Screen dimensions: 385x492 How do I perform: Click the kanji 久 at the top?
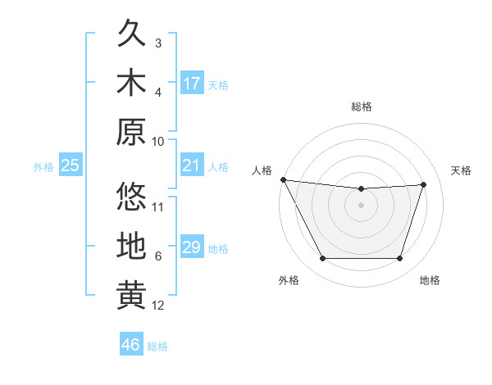click(x=131, y=34)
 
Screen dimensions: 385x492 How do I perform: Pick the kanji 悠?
click(x=131, y=197)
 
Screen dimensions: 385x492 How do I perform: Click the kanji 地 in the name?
click(x=131, y=246)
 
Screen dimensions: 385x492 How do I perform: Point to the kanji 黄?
click(x=131, y=295)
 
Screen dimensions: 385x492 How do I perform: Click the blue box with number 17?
click(x=192, y=84)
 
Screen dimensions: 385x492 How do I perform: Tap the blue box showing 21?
click(x=192, y=166)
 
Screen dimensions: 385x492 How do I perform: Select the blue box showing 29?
click(x=192, y=247)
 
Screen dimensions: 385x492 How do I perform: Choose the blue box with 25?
click(x=71, y=166)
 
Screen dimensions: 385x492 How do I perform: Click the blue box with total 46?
click(x=131, y=345)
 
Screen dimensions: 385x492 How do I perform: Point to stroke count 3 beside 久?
click(x=158, y=43)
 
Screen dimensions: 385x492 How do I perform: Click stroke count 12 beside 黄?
click(x=158, y=306)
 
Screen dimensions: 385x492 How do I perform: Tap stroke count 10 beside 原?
click(x=158, y=141)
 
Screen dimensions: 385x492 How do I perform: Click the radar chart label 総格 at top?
click(x=362, y=106)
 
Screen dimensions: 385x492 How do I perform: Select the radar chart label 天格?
click(x=462, y=170)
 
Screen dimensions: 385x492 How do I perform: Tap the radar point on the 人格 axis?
click(x=283, y=179)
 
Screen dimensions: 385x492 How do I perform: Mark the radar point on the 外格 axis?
click(x=322, y=259)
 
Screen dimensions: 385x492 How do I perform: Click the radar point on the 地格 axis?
click(x=400, y=259)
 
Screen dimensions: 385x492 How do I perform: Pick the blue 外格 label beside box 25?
click(x=43, y=167)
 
